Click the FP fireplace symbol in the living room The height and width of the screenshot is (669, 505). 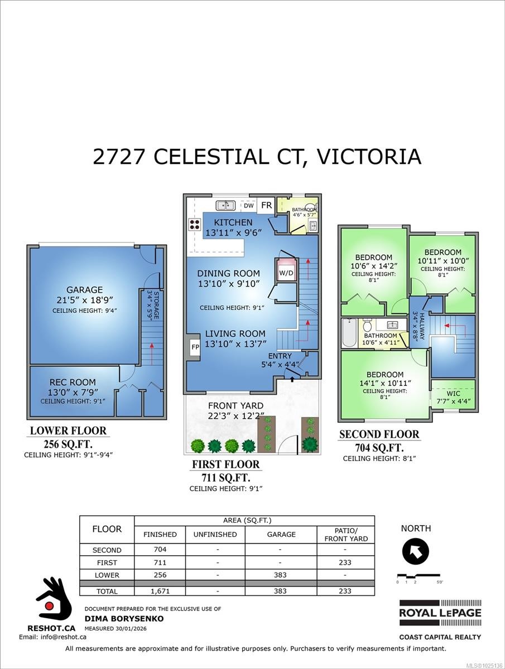[195, 346]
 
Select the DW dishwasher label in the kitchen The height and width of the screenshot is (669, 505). [248, 206]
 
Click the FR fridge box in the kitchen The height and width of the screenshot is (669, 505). [266, 205]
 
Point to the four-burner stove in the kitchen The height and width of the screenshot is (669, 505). [195, 224]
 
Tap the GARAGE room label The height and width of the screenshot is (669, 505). [85, 290]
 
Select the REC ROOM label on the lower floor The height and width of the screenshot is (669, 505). [73, 382]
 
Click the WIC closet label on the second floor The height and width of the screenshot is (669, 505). [453, 394]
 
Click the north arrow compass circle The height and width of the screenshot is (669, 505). [416, 551]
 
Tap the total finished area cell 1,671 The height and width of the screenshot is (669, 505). [160, 591]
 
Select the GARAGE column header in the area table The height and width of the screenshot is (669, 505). [281, 534]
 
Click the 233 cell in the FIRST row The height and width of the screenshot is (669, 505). [345, 563]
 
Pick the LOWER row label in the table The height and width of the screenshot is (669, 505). [107, 575]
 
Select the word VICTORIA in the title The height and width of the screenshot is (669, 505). [368, 157]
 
